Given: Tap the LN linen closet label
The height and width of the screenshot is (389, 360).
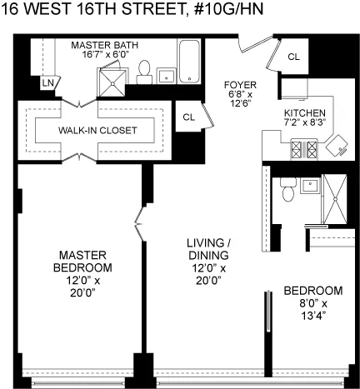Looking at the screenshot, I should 47,83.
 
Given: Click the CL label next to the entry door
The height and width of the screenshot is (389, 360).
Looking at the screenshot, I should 294,57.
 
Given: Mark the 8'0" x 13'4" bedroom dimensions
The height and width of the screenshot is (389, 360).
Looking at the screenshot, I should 312,309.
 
